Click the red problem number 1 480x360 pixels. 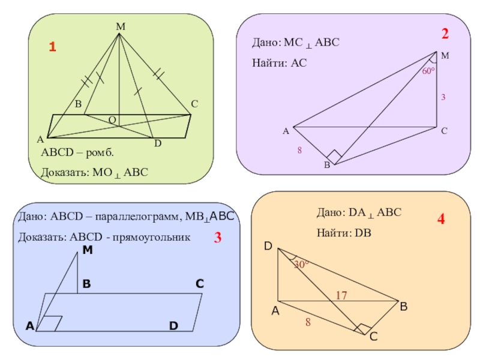tap(52, 47)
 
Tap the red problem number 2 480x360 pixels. tap(445, 34)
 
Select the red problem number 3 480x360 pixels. tap(218, 238)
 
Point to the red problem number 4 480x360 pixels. tap(441, 220)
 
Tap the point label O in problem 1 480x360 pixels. tap(112, 120)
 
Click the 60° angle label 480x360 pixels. tap(428, 71)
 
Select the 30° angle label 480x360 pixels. tap(301, 263)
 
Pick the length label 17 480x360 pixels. tap(341, 295)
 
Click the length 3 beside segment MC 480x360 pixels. tap(443, 97)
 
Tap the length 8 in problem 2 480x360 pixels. tap(299, 151)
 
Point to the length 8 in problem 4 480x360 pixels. tap(308, 322)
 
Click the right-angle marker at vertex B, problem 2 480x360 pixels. tap(334, 158)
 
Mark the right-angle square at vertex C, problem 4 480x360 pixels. tap(362, 329)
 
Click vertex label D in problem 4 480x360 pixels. tap(268, 246)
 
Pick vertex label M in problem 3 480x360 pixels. tap(88, 250)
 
